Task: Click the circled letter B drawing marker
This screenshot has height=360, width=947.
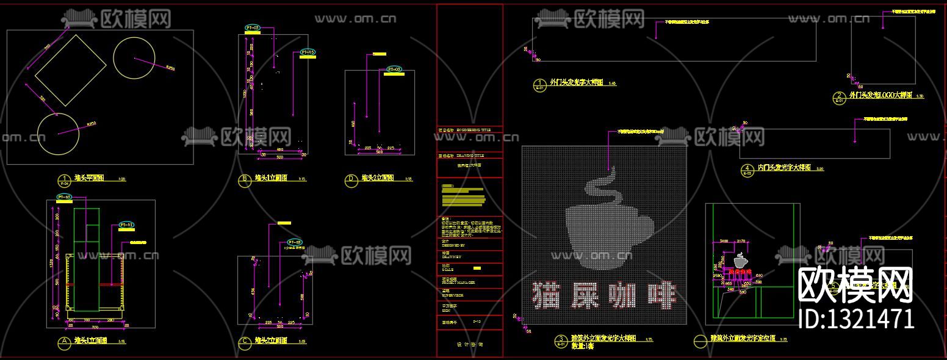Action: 245,180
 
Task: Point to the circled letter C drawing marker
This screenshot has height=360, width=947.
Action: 245,343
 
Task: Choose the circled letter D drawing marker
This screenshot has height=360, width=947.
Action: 351,180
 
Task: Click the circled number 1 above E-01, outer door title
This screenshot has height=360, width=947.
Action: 539,83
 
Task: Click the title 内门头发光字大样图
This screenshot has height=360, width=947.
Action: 783,168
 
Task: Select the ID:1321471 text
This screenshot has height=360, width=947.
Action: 856,319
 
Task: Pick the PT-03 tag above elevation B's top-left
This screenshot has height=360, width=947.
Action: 252,28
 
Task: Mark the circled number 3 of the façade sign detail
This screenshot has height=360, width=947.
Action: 560,339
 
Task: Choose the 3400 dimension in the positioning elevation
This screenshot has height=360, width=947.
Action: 725,242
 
